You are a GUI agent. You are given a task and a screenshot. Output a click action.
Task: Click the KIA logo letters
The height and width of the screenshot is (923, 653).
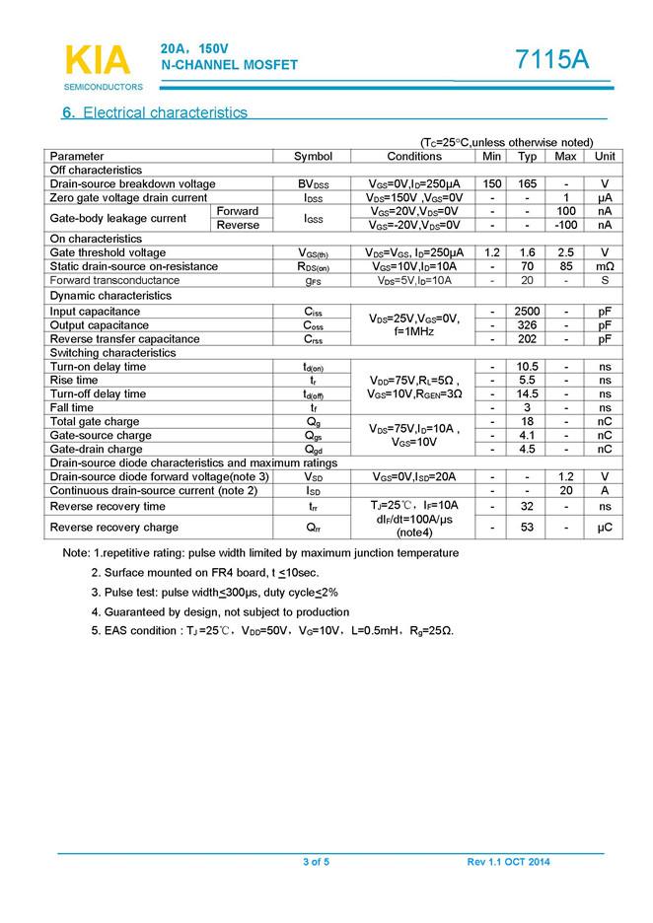(x=97, y=60)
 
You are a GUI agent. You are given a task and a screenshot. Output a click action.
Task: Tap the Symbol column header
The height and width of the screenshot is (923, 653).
(x=314, y=157)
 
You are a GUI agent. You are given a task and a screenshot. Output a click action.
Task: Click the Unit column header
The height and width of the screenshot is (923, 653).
(x=605, y=157)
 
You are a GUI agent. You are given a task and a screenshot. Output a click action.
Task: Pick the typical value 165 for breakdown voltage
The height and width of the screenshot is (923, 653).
(x=528, y=184)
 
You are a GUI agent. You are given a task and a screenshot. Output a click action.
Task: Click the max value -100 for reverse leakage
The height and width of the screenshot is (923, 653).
(x=566, y=225)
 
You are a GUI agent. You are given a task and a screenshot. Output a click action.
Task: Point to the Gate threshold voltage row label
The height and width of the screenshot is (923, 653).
(x=109, y=252)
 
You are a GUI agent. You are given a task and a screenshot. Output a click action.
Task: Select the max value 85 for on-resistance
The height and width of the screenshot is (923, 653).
(x=566, y=266)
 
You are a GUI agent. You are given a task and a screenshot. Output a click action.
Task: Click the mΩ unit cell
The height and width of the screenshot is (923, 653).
(x=605, y=266)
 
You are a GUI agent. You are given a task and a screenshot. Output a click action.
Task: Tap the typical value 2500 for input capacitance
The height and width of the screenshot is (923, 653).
(x=528, y=312)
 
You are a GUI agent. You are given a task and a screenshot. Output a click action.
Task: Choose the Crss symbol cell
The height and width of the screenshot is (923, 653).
(x=314, y=339)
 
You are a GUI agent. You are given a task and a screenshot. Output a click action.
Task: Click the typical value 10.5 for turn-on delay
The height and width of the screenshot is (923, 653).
(x=528, y=367)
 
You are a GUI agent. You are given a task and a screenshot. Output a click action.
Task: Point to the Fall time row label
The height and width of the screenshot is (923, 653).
(x=72, y=407)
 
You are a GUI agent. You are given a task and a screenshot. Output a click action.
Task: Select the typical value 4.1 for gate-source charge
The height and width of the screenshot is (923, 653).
(x=528, y=435)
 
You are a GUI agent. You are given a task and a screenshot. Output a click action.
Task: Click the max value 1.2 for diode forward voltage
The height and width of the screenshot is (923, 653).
(x=566, y=477)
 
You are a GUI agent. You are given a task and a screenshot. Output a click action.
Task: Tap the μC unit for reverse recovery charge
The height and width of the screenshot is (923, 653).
(x=605, y=528)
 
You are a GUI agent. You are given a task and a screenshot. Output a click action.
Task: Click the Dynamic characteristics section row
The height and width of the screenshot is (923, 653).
(x=110, y=296)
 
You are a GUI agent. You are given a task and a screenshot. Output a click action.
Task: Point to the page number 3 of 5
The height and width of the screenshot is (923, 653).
(x=316, y=863)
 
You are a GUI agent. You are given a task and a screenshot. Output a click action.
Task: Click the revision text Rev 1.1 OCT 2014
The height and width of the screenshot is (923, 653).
(x=509, y=863)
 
